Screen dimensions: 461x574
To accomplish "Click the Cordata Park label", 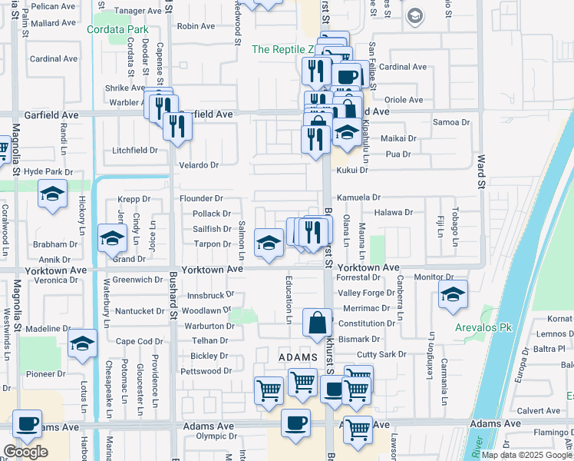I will (117, 30).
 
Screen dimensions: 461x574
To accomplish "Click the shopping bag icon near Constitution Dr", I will (317, 323).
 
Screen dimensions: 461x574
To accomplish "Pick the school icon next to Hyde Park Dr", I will (52, 194).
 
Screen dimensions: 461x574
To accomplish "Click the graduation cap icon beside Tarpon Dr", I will (269, 244).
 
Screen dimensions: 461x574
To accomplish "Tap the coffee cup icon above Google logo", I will (28, 424).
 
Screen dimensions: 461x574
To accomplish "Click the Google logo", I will (25, 452).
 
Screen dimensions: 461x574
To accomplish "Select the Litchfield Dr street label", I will (134, 150).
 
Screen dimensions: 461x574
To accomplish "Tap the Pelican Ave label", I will (54, 6).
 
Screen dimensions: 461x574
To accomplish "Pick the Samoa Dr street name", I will (451, 122).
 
